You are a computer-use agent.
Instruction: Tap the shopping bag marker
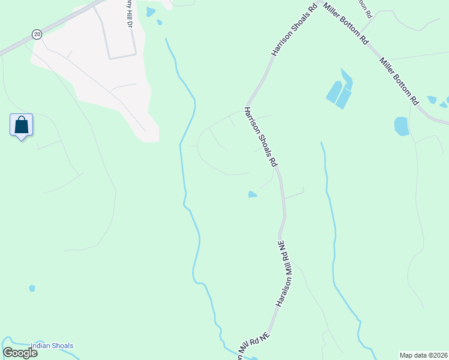(x=22, y=125)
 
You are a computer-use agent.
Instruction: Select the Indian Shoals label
(x=52, y=346)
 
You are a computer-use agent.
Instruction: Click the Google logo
(x=20, y=353)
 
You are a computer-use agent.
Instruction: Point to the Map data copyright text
(x=424, y=355)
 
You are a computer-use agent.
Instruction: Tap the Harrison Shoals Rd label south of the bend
(x=260, y=137)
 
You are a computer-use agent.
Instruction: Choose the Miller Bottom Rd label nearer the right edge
(x=398, y=81)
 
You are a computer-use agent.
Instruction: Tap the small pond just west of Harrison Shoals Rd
(x=253, y=194)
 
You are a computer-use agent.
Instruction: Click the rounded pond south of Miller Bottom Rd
(x=402, y=126)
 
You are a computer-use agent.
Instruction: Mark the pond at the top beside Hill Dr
(x=150, y=11)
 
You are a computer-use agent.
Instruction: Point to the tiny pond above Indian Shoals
(x=32, y=288)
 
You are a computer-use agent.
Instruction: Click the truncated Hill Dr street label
(x=128, y=8)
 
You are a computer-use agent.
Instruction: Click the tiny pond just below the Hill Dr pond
(x=159, y=23)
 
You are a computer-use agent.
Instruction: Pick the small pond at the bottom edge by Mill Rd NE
(x=255, y=359)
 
